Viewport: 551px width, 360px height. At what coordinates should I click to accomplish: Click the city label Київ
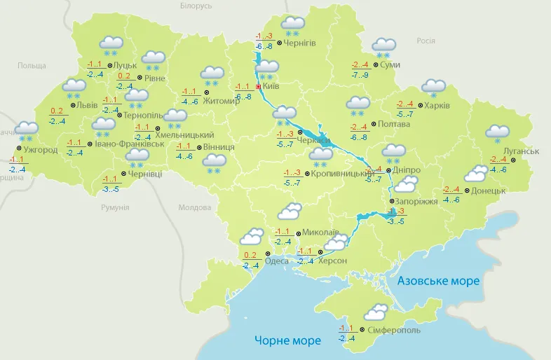point(273,87)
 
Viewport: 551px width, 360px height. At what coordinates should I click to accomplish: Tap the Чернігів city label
point(300,43)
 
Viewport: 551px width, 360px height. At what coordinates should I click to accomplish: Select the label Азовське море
point(438,281)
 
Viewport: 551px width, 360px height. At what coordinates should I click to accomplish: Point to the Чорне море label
point(288,341)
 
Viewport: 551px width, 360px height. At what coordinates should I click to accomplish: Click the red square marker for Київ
point(259,87)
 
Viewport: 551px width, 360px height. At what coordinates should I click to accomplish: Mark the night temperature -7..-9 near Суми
point(360,75)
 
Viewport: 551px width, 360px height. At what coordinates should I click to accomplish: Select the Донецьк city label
point(488,191)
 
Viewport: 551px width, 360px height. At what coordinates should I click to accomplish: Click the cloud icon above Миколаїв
point(290,211)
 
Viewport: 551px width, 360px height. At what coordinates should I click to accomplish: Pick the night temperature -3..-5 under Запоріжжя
point(395,222)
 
